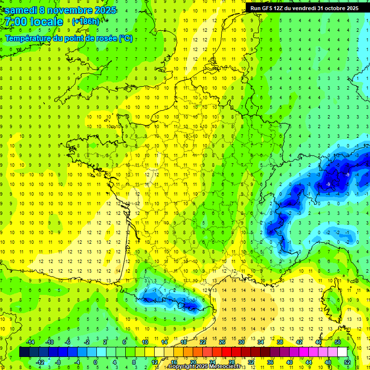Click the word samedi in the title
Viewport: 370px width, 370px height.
pyautogui.click(x=20, y=10)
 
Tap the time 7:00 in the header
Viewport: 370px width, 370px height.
pyautogui.click(x=15, y=22)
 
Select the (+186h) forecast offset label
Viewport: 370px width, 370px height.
pyautogui.click(x=85, y=22)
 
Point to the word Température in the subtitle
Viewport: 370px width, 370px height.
pyautogui.click(x=28, y=39)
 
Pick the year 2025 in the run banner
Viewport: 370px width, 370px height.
pyautogui.click(x=350, y=8)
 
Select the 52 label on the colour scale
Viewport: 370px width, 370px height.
pyautogui.click(x=347, y=362)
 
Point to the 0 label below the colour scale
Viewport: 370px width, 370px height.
pyautogui.click(x=95, y=362)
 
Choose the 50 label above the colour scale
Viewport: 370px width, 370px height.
pyautogui.click(x=338, y=342)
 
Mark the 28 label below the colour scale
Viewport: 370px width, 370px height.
pyautogui.click(x=232, y=362)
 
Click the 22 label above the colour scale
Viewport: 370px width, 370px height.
pyautogui.click(x=203, y=342)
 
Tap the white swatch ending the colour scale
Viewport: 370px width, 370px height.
pyautogui.click(x=343, y=352)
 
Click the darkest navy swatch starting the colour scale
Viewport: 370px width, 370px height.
pyautogui.click(x=24, y=352)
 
